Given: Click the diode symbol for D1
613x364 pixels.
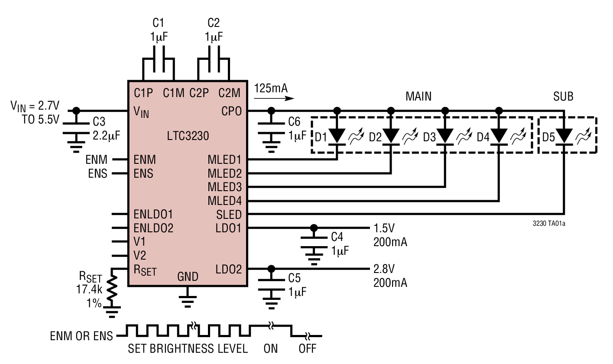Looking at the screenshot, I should tap(337, 136).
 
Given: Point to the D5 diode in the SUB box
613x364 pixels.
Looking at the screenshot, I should tap(564, 136).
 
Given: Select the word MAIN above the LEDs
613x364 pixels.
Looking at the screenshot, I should tap(418, 96).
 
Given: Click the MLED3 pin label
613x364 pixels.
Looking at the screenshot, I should tap(224, 187).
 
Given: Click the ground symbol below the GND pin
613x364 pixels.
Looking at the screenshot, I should tap(187, 300).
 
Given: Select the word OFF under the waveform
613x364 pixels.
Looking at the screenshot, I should tap(307, 348).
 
